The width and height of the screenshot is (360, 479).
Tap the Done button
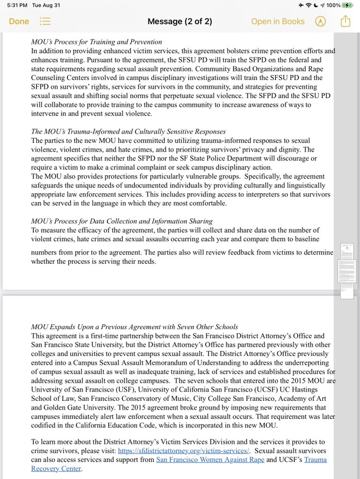pos(19,22)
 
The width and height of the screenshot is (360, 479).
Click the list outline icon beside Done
pos(45,22)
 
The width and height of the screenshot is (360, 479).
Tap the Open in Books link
pos(277,22)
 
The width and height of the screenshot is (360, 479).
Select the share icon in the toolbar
pos(345,22)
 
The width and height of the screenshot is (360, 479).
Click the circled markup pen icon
pos(320,22)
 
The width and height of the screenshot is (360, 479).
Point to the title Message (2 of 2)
pos(180,22)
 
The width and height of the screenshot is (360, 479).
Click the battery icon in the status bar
pos(347,5)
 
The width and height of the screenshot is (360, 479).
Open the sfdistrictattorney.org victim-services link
pos(183,450)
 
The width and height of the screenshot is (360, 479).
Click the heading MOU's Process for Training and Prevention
pos(96,42)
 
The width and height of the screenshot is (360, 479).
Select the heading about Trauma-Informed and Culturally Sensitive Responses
pos(128,131)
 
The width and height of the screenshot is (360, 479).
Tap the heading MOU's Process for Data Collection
pos(122,221)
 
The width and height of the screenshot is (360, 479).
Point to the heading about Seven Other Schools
pos(134,327)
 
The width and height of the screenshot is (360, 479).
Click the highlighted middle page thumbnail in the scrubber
pos(346,271)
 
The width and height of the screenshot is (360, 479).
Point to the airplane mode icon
pos(301,5)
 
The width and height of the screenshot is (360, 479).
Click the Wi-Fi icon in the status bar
pos(309,5)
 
